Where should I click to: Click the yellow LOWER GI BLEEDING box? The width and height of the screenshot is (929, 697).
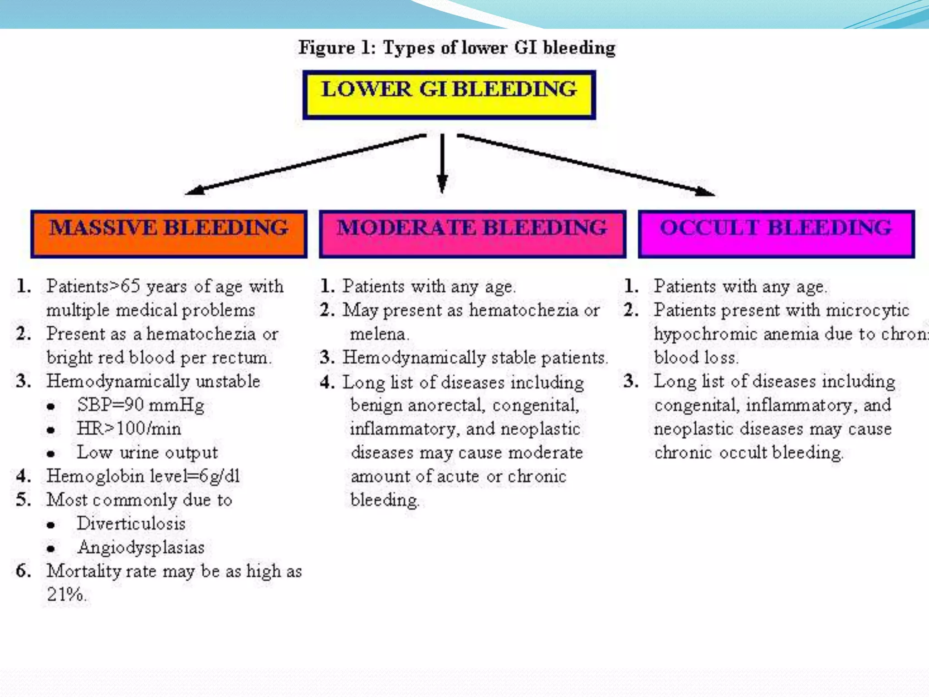449,95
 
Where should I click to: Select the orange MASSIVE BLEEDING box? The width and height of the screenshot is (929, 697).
169,234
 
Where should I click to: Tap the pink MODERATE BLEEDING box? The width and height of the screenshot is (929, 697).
472,234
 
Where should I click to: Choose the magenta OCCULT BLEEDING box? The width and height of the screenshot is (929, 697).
776,234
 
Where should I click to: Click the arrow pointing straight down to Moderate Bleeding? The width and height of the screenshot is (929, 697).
442,163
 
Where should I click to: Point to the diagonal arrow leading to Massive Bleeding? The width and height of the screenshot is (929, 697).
306,164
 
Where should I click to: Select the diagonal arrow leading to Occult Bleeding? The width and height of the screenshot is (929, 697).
585,165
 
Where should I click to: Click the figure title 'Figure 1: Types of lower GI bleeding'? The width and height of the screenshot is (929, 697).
457,48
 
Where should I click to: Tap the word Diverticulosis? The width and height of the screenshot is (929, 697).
131,524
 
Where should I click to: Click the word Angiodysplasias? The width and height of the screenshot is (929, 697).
141,547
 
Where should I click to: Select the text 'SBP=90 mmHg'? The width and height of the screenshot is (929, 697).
141,405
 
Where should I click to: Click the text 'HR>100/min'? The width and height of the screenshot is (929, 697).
129,428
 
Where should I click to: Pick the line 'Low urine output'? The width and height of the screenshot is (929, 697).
147,452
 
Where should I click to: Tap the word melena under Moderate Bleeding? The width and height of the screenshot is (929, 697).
379,334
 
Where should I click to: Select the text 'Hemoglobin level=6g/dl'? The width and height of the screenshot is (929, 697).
143,476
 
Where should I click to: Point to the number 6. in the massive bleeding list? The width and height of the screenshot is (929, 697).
23,571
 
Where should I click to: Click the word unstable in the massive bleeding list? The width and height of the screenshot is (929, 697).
228,381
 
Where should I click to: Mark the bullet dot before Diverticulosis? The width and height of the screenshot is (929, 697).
51,525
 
